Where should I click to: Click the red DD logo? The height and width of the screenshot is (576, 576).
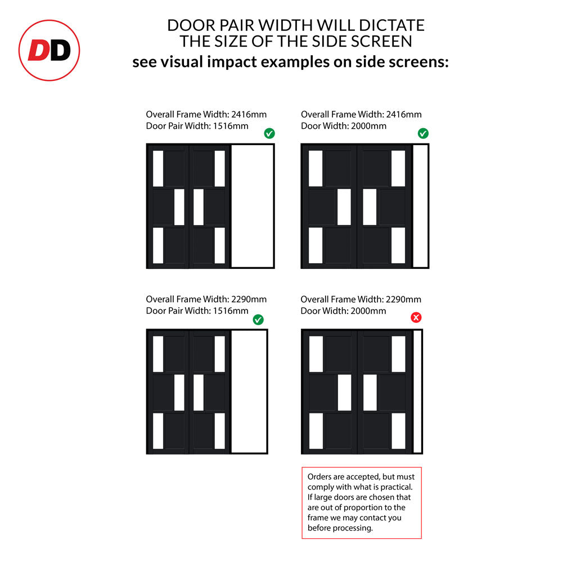point(49,50)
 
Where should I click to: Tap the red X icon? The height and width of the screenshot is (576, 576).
point(416,317)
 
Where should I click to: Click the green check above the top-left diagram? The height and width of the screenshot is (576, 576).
point(269,133)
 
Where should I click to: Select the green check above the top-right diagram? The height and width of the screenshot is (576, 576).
point(423,133)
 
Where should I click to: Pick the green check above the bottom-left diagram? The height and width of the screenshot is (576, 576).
point(258,319)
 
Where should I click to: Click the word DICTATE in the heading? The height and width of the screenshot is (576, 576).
point(391,25)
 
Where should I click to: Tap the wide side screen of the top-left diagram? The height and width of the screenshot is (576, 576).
point(253,206)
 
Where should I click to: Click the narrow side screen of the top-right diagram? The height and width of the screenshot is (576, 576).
point(421,206)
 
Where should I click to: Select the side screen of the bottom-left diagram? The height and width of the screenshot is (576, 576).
point(249,391)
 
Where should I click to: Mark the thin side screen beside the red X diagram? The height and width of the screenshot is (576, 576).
point(418,391)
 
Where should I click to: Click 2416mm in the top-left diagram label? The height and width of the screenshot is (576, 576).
point(249,114)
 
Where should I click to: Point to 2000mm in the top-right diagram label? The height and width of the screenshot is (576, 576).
point(368,126)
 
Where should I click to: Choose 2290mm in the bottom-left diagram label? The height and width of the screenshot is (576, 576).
point(249,299)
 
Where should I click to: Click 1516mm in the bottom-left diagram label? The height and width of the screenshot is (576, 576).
point(231,310)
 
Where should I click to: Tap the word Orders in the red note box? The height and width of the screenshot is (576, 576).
point(319,477)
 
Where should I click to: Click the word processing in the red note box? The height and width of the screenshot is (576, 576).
point(355,528)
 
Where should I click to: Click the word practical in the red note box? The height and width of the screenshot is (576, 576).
point(397,487)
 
